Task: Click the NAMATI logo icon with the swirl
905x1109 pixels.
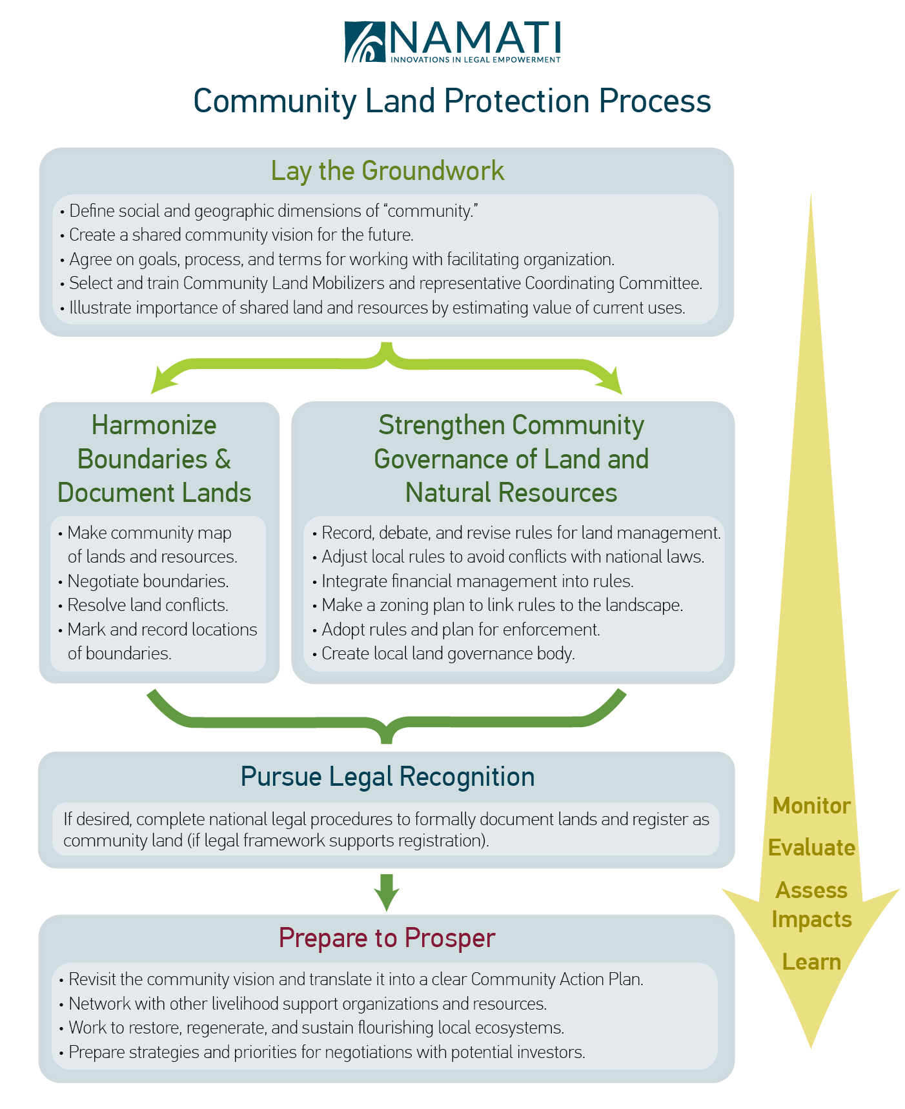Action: [364, 42]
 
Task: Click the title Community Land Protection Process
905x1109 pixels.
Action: [452, 101]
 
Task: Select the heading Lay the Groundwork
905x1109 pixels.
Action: [387, 171]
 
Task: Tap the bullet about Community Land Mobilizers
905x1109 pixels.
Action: [385, 283]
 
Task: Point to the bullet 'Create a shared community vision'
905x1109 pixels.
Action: [241, 235]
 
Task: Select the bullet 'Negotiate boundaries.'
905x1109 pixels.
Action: [148, 581]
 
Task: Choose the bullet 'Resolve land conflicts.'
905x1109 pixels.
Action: [148, 605]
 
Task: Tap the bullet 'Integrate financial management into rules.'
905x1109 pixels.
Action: [478, 581]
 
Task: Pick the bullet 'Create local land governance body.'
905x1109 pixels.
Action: [448, 654]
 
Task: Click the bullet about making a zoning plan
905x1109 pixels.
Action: [502, 605]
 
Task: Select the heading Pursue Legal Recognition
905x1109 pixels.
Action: [387, 777]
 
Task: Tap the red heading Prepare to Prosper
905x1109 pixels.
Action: [387, 937]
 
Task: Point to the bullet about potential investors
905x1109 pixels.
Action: [327, 1052]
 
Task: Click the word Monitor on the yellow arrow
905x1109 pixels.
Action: [811, 806]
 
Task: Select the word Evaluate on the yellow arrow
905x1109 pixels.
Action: [811, 848]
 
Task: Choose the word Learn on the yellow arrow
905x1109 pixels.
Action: [811, 962]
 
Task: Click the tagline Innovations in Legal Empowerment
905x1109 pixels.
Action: [476, 60]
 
